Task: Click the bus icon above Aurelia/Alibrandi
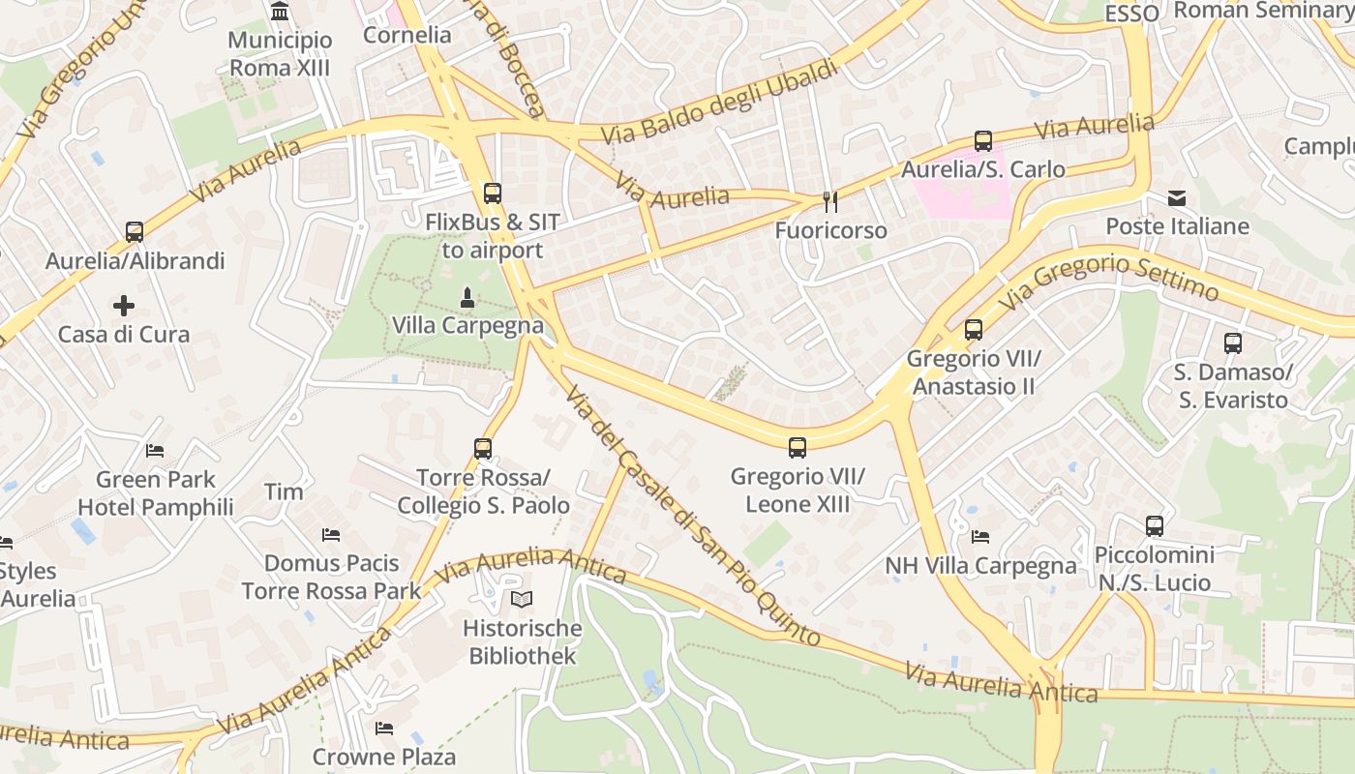click(x=135, y=232)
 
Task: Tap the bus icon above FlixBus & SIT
click(x=493, y=193)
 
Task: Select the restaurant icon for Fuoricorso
click(x=829, y=201)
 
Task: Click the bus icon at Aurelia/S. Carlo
click(x=983, y=141)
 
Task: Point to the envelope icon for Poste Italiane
click(x=1177, y=198)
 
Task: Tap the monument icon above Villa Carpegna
click(x=467, y=297)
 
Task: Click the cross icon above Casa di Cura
click(x=124, y=307)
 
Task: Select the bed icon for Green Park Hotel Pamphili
click(x=155, y=451)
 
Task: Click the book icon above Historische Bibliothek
click(x=523, y=600)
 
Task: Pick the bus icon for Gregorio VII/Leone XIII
click(x=798, y=448)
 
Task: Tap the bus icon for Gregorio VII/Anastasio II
click(x=974, y=330)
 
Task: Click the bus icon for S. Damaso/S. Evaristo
click(x=1233, y=343)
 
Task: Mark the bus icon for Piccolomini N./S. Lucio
click(x=1155, y=526)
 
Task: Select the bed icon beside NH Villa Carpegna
click(x=980, y=537)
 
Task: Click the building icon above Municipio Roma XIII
click(x=281, y=12)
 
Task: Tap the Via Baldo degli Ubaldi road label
click(x=718, y=102)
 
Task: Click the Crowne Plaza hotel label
click(x=384, y=756)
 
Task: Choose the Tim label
click(x=284, y=491)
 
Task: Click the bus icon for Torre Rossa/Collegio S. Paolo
click(x=483, y=449)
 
